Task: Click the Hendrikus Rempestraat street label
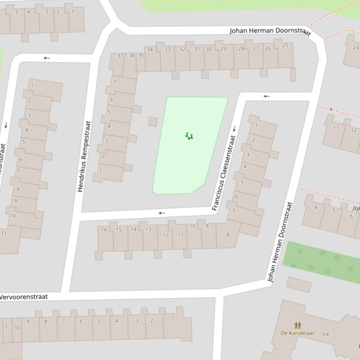coord(84,156)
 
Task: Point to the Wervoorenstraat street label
coord(23,297)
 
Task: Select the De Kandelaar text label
coord(297,333)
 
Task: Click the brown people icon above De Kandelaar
coord(297,325)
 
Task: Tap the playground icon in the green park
coord(189,136)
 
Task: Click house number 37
coord(120,56)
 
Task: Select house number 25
coord(285,45)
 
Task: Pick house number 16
coord(104,230)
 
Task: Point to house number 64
coord(325,334)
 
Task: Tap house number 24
coord(356,47)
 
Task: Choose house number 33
coord(167,49)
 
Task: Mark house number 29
coord(223,49)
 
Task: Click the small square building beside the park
coord(153,122)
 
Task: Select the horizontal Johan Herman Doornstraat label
coord(270,31)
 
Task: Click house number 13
coord(148,229)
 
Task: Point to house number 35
coord(140,55)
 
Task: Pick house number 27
coord(256,48)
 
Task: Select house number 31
coord(197,49)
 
